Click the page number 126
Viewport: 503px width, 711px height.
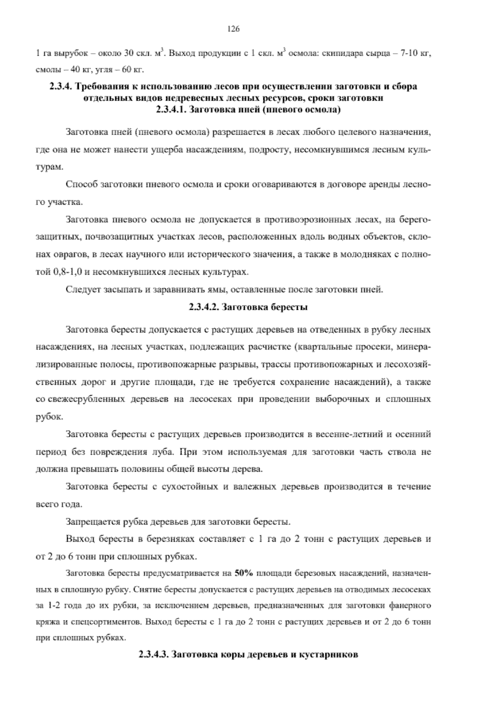233,29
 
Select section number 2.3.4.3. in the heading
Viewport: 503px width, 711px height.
153,654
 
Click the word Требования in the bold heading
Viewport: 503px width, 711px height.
103,87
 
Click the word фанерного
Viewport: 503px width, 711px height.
410,606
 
